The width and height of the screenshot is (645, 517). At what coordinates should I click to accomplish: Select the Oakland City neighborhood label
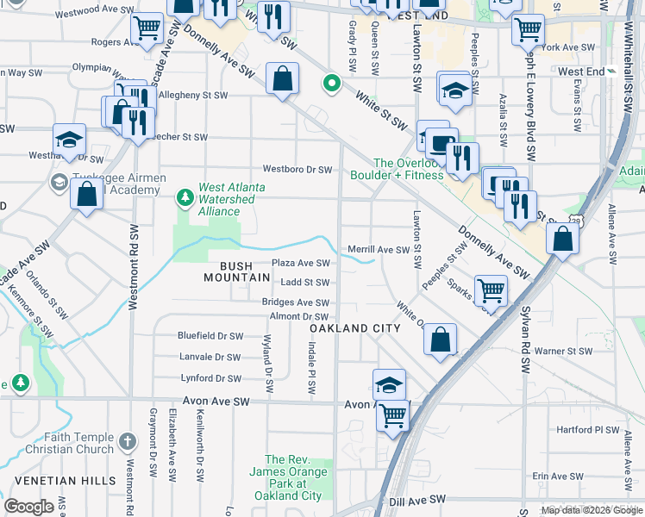354,328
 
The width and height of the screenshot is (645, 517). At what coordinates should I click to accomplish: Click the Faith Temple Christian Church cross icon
127,442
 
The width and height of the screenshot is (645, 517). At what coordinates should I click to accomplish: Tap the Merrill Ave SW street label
378,250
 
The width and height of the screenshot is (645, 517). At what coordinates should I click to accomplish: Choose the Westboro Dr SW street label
297,170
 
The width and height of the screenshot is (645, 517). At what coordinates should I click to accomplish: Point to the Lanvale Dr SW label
210,357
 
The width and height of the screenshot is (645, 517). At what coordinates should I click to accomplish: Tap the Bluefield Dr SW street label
210,335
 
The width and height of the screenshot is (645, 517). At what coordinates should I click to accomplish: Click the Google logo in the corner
28,507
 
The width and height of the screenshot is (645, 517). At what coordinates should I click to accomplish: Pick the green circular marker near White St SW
330,84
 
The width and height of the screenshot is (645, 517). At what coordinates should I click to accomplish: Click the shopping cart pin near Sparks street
491,291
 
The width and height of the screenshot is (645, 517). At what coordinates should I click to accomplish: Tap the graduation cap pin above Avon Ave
389,384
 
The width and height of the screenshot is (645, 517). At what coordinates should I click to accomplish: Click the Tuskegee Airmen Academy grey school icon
59,182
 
